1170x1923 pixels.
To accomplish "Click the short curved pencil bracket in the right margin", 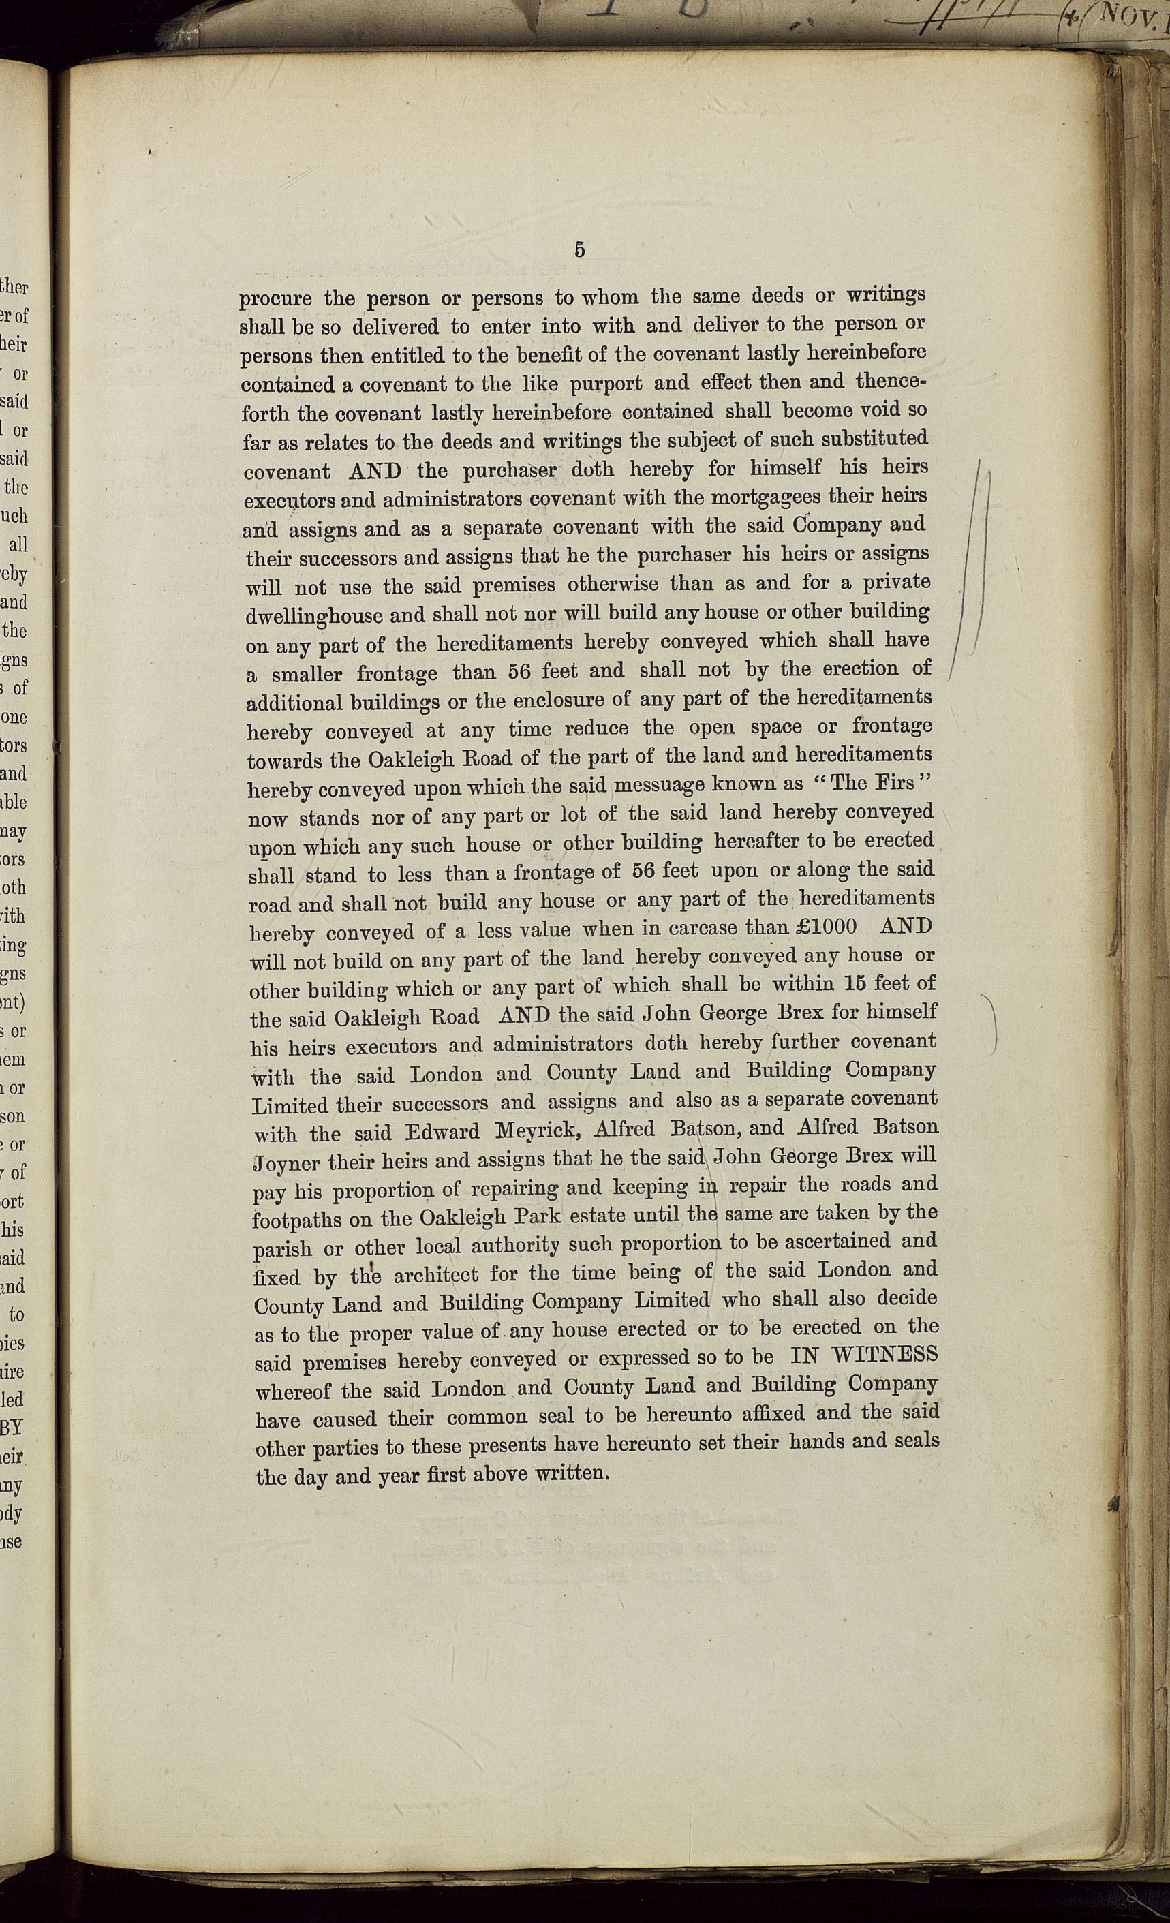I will [x=994, y=1022].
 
